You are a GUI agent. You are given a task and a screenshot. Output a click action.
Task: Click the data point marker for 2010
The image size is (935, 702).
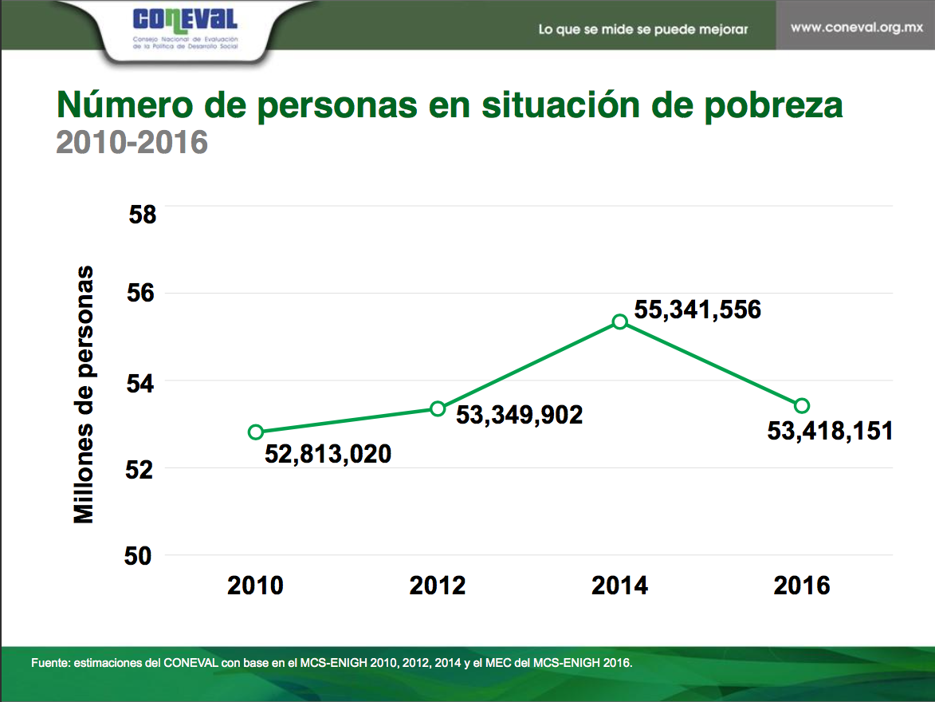255,432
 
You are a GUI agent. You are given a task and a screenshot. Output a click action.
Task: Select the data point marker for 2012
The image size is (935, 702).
437,408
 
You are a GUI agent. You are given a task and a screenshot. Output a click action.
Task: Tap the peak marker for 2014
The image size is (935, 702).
619,321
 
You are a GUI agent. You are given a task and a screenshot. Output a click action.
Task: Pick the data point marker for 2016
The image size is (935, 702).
802,406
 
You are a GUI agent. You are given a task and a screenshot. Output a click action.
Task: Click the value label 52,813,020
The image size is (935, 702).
328,455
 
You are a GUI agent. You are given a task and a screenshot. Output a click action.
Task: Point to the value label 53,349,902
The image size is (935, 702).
519,415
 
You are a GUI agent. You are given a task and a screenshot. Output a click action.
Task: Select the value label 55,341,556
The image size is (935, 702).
698,310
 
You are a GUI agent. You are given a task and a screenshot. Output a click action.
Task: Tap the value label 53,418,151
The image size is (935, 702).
830,432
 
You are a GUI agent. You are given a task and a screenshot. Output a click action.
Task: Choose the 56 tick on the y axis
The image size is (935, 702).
143,293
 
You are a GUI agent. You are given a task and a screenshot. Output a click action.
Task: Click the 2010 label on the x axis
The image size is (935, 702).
255,586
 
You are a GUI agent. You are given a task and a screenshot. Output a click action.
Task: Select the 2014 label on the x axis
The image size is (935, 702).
619,586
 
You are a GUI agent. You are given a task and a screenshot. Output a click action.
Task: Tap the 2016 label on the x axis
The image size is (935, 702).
802,586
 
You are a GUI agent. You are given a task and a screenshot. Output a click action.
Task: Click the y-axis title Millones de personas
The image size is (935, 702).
84,395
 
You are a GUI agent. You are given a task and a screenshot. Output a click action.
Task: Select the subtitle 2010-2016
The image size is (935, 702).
132,142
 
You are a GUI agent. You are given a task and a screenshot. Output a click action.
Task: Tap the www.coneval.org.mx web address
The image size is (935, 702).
856,27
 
